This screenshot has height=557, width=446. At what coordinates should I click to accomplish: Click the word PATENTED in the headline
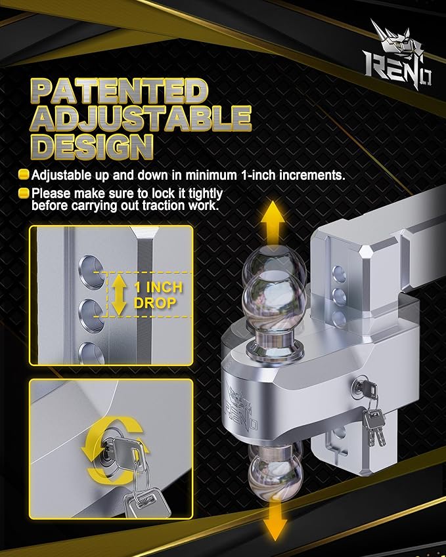click(120, 91)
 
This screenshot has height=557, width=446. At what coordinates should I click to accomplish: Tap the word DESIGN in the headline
click(93, 146)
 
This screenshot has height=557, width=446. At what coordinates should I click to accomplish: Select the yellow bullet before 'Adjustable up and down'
click(24, 175)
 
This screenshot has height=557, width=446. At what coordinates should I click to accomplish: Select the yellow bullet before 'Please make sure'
click(24, 194)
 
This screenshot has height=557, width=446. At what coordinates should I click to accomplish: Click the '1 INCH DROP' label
click(158, 295)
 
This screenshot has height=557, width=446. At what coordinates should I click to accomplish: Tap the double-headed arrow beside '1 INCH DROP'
click(119, 295)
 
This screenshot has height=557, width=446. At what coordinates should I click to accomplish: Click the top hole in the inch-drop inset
click(91, 271)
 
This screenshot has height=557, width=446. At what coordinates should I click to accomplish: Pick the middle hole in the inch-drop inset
click(91, 315)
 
